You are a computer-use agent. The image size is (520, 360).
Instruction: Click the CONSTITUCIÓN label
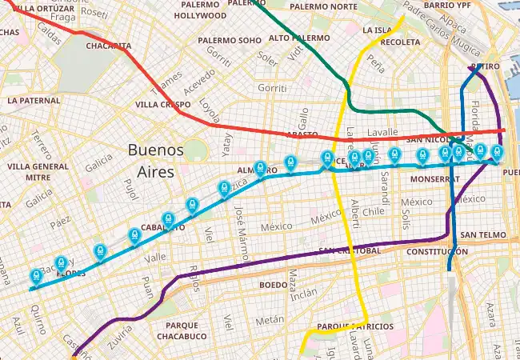click(436, 251)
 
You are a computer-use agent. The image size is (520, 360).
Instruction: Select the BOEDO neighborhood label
click(273, 284)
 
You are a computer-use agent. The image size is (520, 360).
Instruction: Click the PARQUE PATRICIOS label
click(354, 326)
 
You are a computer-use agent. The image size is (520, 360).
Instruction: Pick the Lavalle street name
click(382, 132)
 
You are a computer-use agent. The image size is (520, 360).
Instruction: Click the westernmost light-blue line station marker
click(36, 277)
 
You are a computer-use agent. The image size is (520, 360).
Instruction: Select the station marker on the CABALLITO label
click(167, 218)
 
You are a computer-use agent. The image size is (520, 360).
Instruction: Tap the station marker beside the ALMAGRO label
click(260, 168)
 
